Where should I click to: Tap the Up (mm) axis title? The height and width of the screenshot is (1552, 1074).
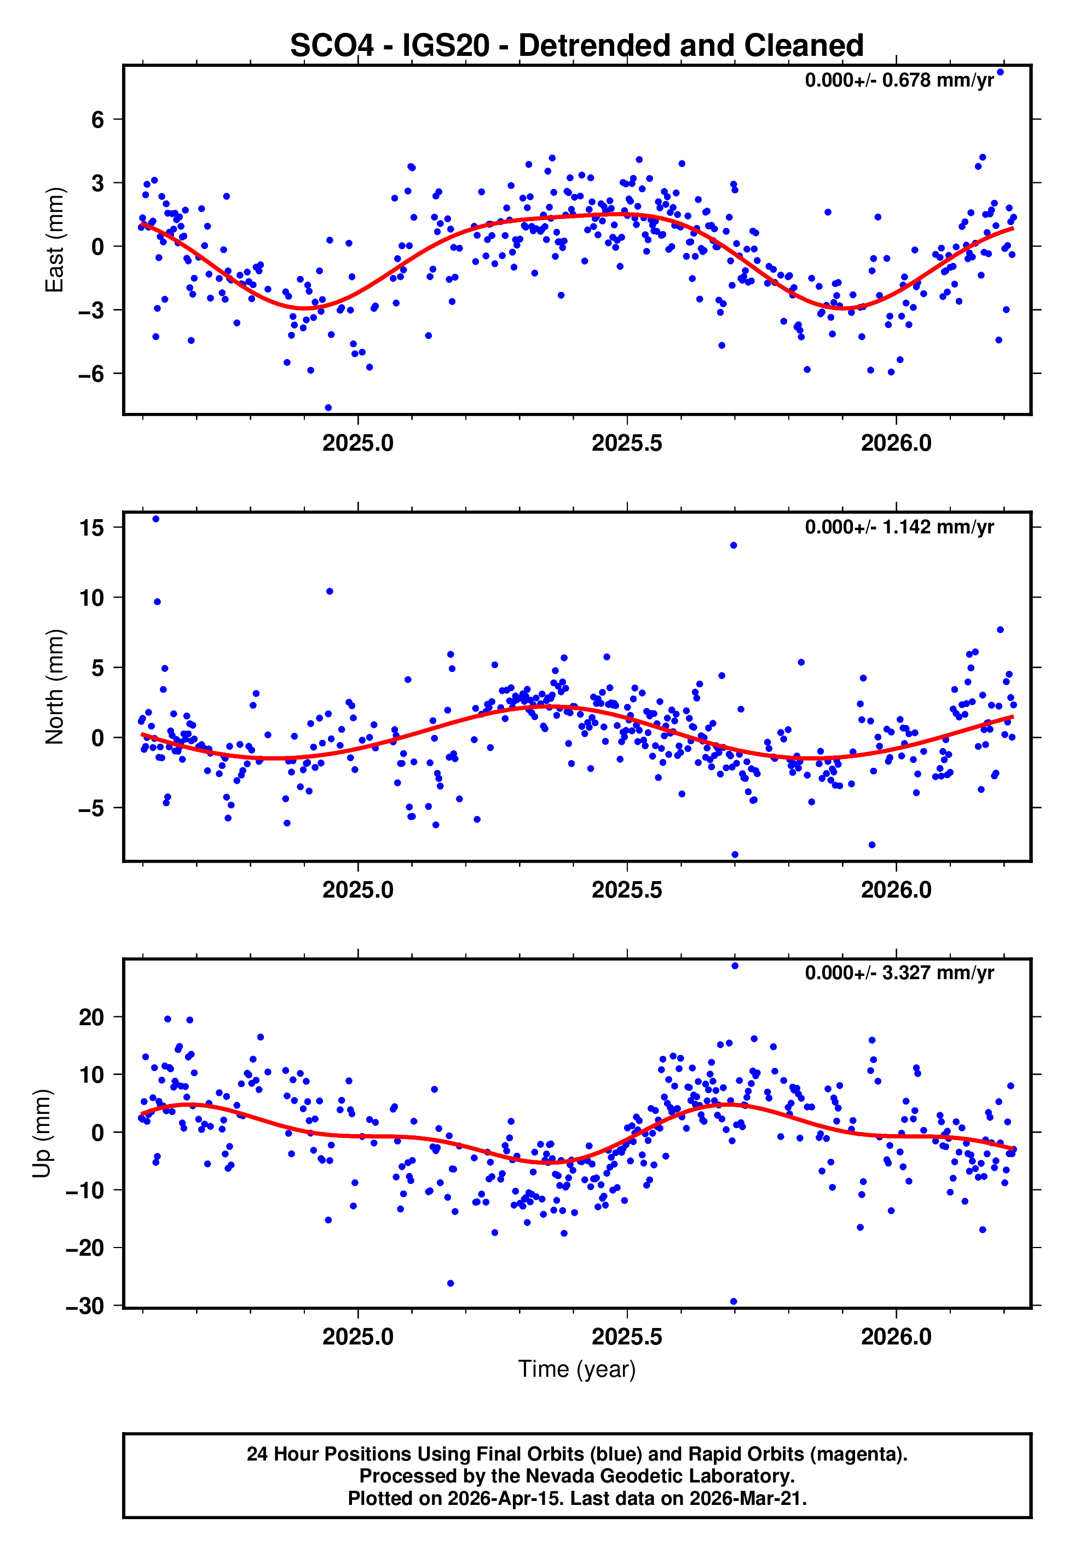pos(42,1134)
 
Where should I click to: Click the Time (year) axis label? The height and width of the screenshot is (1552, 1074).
pos(577,1369)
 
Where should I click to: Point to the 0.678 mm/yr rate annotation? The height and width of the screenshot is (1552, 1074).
pos(899,81)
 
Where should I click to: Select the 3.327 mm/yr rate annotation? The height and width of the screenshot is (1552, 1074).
pos(899,973)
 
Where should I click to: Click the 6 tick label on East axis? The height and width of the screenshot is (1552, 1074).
pos(98,120)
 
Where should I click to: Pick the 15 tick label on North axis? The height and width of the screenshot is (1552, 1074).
pos(91,528)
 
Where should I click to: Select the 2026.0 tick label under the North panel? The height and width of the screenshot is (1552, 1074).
pos(896,890)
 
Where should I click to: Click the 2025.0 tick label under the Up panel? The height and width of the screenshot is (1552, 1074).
pos(357,1336)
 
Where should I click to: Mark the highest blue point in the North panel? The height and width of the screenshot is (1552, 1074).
pos(156,519)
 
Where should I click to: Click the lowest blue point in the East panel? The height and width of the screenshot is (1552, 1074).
pos(328,408)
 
